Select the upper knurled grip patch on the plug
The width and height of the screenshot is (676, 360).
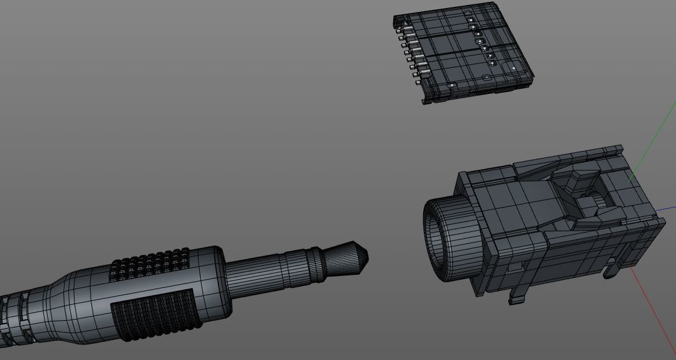150,265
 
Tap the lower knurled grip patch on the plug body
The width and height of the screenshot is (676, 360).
156,315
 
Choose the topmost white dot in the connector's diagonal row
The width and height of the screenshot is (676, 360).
472,20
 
